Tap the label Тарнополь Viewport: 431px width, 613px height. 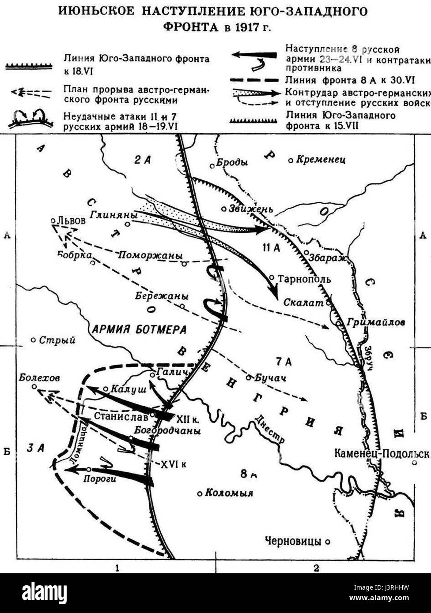(x=305, y=279)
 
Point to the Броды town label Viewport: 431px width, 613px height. (x=232, y=162)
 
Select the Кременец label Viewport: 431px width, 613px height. (x=321, y=160)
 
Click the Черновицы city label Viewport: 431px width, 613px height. (x=292, y=541)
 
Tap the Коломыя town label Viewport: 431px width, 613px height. (x=228, y=493)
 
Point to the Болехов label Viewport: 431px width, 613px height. (x=39, y=378)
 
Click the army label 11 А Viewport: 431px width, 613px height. (x=271, y=248)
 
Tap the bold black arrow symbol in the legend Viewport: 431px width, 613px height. (x=254, y=55)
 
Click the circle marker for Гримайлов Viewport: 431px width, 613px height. (x=338, y=323)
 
